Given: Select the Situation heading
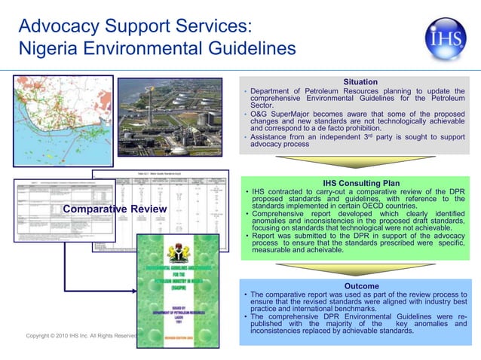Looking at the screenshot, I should point(360,81).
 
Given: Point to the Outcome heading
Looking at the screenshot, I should point(361,286).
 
